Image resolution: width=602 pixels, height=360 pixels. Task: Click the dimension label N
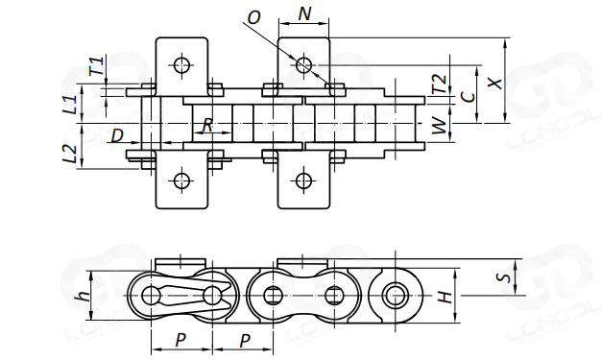304,13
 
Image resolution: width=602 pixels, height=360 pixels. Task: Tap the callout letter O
253,17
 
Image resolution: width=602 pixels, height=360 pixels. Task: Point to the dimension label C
468,97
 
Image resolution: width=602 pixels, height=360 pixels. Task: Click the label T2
440,84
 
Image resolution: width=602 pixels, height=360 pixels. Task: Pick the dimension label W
440,125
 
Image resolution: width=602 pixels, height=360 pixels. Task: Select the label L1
70,105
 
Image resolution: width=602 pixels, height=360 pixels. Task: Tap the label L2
70,154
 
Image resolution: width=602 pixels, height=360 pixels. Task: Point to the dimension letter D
117,135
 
